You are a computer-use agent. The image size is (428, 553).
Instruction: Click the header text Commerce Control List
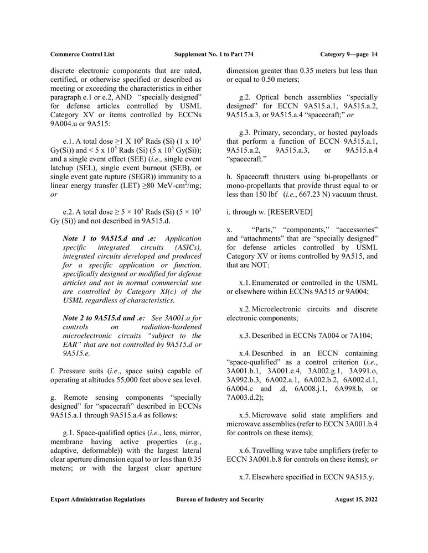[82, 54]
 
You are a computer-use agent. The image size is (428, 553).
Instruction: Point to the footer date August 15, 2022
[356, 499]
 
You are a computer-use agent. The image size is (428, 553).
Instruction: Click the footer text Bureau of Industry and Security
[220, 499]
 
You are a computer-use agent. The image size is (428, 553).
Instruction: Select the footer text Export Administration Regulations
[98, 499]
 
